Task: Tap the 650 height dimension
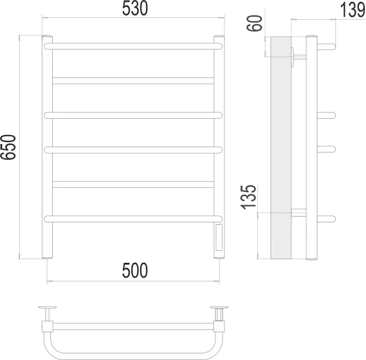(9, 148)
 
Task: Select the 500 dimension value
(134, 271)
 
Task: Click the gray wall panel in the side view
(280, 150)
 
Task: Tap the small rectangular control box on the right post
(218, 238)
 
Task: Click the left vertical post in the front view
(47, 150)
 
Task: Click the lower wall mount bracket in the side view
(298, 212)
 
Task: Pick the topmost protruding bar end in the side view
(327, 46)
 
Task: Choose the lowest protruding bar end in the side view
(327, 218)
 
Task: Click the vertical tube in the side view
(311, 150)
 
